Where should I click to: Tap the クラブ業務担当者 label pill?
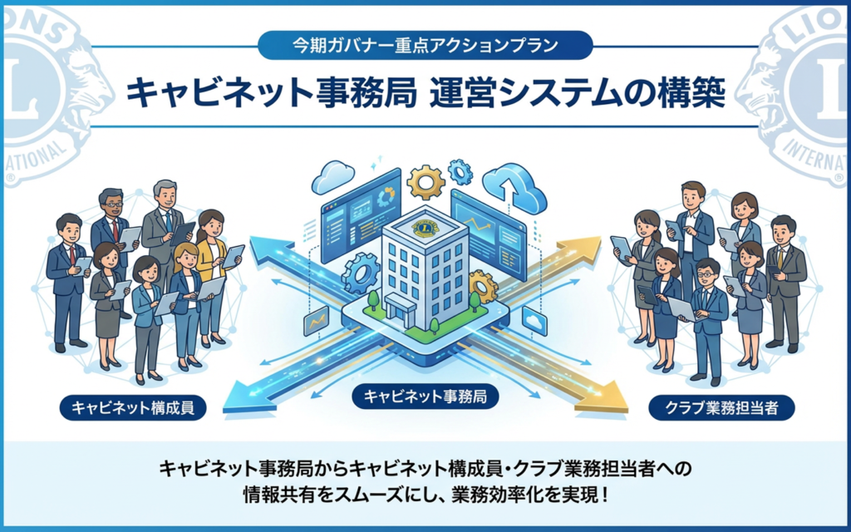pos(720,407)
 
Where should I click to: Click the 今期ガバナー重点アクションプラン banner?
pos(425,44)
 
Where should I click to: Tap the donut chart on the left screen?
pos(386,196)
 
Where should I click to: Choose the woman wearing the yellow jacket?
pos(211,249)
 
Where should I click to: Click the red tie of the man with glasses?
pos(115,228)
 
